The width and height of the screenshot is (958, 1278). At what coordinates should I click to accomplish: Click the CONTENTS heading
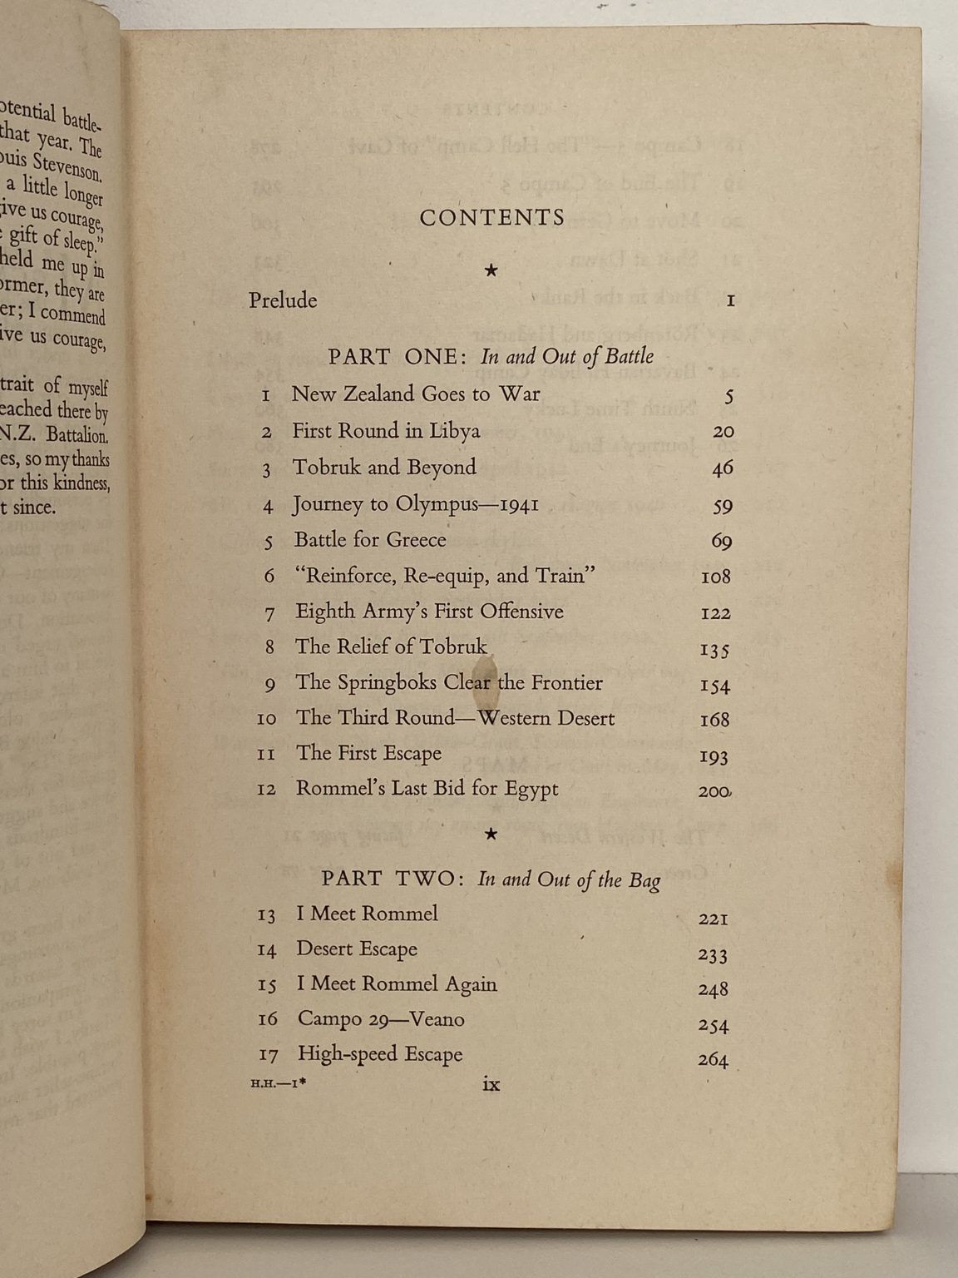(x=491, y=218)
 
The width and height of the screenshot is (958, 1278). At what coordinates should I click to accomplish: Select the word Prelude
(x=283, y=300)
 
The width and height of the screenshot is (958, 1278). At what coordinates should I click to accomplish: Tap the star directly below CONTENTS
(x=491, y=270)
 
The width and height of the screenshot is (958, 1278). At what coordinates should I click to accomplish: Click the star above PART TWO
(x=491, y=834)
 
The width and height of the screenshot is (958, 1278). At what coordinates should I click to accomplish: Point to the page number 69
(x=721, y=542)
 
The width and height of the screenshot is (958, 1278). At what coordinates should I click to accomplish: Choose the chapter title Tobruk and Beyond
(x=384, y=468)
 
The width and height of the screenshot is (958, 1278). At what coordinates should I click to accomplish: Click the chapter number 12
(x=267, y=790)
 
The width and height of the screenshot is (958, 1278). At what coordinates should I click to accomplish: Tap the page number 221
(x=713, y=919)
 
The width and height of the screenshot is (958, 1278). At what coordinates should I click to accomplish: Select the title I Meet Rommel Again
(x=397, y=984)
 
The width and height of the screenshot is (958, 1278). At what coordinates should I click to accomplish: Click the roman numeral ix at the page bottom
(x=491, y=1083)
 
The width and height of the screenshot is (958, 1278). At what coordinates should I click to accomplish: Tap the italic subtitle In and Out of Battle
(x=567, y=357)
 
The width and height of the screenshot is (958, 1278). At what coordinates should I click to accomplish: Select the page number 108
(x=715, y=577)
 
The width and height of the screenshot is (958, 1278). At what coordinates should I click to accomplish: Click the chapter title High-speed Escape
(x=380, y=1054)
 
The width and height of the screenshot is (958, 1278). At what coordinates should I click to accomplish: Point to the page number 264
(x=713, y=1060)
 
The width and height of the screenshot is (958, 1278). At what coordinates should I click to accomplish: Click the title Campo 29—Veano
(x=381, y=1019)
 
